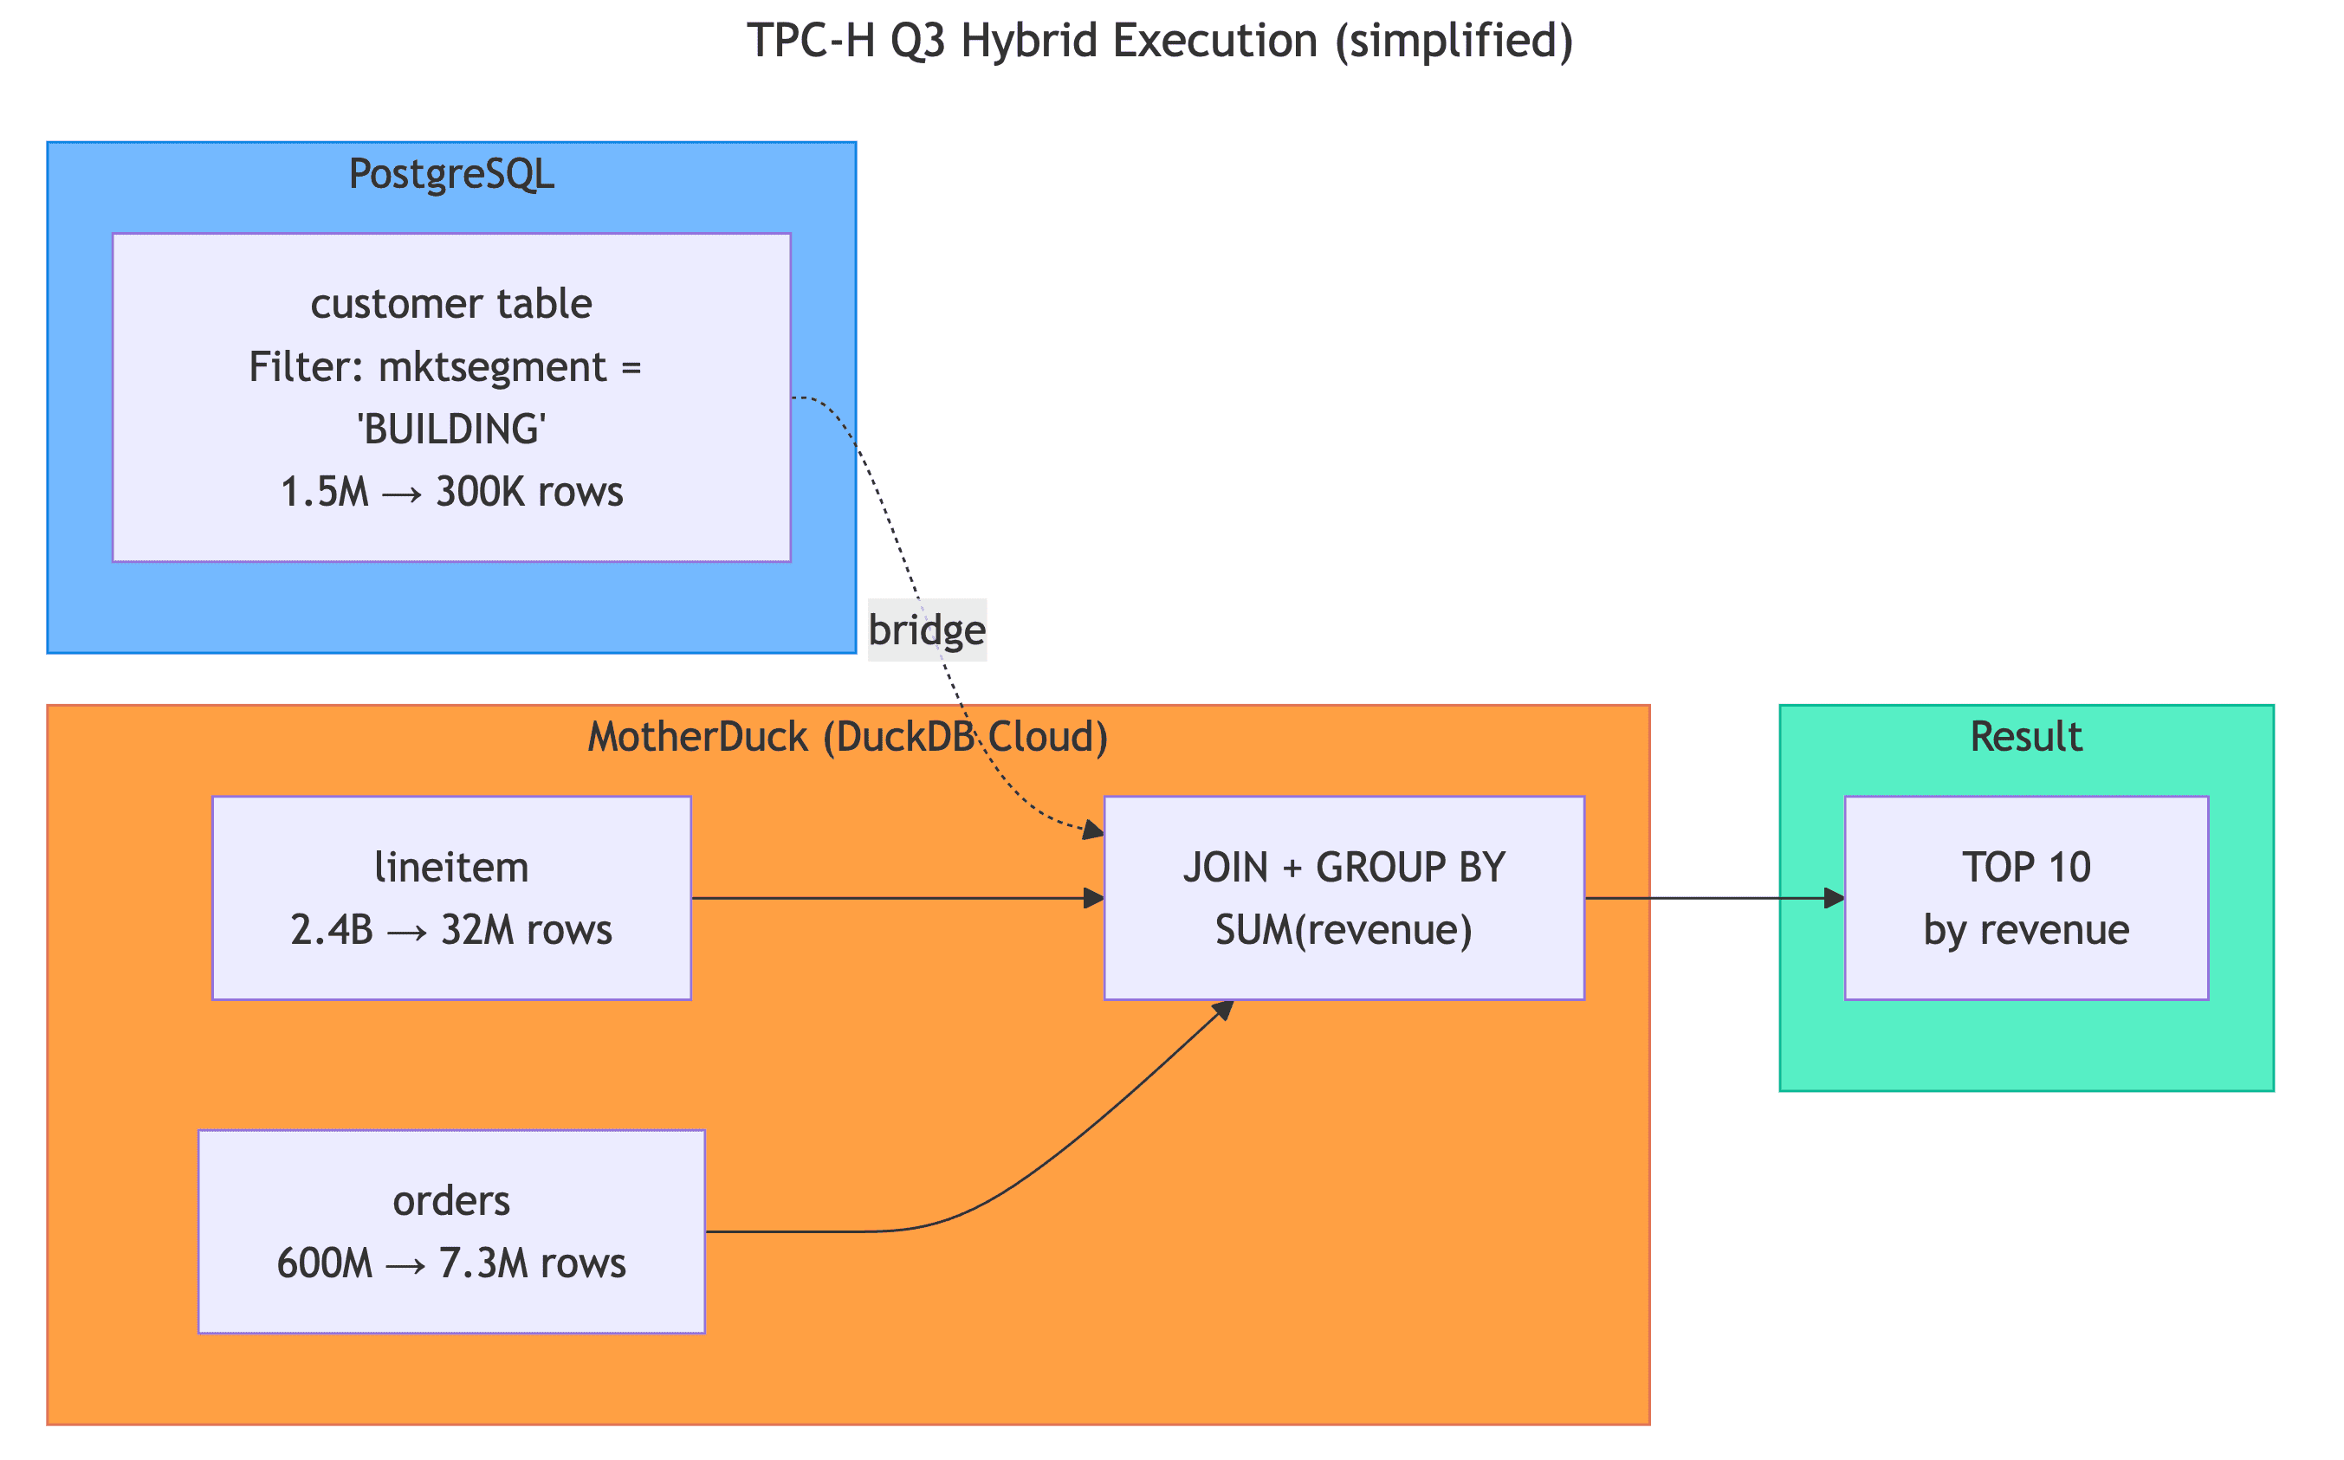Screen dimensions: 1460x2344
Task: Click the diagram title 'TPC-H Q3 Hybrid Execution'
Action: click(1159, 42)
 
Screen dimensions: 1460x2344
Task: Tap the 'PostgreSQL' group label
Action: click(451, 174)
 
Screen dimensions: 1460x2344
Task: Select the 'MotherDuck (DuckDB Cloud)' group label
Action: click(847, 737)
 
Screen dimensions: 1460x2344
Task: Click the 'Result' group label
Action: click(2025, 737)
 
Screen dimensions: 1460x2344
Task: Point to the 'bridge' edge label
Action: click(926, 630)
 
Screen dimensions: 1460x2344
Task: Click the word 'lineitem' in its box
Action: click(451, 867)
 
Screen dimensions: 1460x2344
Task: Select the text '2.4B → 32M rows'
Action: click(451, 930)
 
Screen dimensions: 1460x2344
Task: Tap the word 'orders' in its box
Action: click(451, 1200)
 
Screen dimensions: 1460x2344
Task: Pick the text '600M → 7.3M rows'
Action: click(451, 1263)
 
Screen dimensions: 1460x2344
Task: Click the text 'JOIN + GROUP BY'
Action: click(1344, 867)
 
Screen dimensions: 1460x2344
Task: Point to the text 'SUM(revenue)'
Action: click(1344, 930)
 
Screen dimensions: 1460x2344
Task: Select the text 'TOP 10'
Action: click(2025, 867)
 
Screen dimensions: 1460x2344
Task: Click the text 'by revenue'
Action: click(2025, 930)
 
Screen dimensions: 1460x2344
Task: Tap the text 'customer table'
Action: click(451, 304)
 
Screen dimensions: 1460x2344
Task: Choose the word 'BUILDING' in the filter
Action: click(451, 429)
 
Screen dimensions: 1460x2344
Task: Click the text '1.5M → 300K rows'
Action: click(451, 492)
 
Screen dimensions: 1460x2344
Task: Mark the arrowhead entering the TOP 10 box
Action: click(1833, 898)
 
